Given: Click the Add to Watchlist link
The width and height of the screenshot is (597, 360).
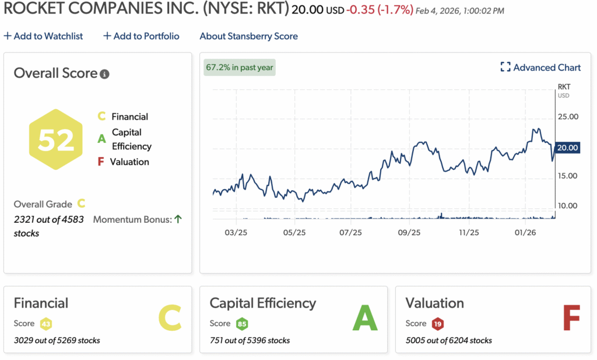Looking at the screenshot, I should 44,36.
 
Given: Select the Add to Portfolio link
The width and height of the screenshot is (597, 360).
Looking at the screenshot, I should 142,36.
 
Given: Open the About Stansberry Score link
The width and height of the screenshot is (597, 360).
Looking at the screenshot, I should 248,36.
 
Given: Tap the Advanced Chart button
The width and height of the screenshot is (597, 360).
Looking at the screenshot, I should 540,68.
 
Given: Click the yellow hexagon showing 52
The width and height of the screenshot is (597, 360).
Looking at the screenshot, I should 56,139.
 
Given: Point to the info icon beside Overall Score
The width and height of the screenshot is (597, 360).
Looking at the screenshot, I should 104,74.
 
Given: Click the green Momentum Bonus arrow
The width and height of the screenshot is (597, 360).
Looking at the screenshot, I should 178,219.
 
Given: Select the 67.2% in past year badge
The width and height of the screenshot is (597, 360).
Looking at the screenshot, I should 240,67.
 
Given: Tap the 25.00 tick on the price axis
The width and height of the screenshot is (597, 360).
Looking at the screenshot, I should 567,116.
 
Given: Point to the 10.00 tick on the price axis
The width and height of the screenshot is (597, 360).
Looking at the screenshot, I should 567,205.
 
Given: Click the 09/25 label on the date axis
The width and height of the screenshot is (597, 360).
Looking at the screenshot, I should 409,232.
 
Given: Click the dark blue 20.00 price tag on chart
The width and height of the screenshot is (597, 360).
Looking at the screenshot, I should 568,148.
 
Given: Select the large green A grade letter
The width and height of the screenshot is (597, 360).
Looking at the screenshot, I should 365,319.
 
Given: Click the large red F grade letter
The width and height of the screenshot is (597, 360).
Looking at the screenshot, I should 571,319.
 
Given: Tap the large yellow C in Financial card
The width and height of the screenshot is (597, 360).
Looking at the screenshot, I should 170,319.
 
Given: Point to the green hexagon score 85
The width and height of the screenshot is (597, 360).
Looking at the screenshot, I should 242,324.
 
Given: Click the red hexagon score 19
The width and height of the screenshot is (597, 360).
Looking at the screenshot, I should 438,324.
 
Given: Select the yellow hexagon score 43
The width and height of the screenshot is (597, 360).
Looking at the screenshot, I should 46,324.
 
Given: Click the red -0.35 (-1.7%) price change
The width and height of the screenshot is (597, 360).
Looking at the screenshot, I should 380,10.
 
